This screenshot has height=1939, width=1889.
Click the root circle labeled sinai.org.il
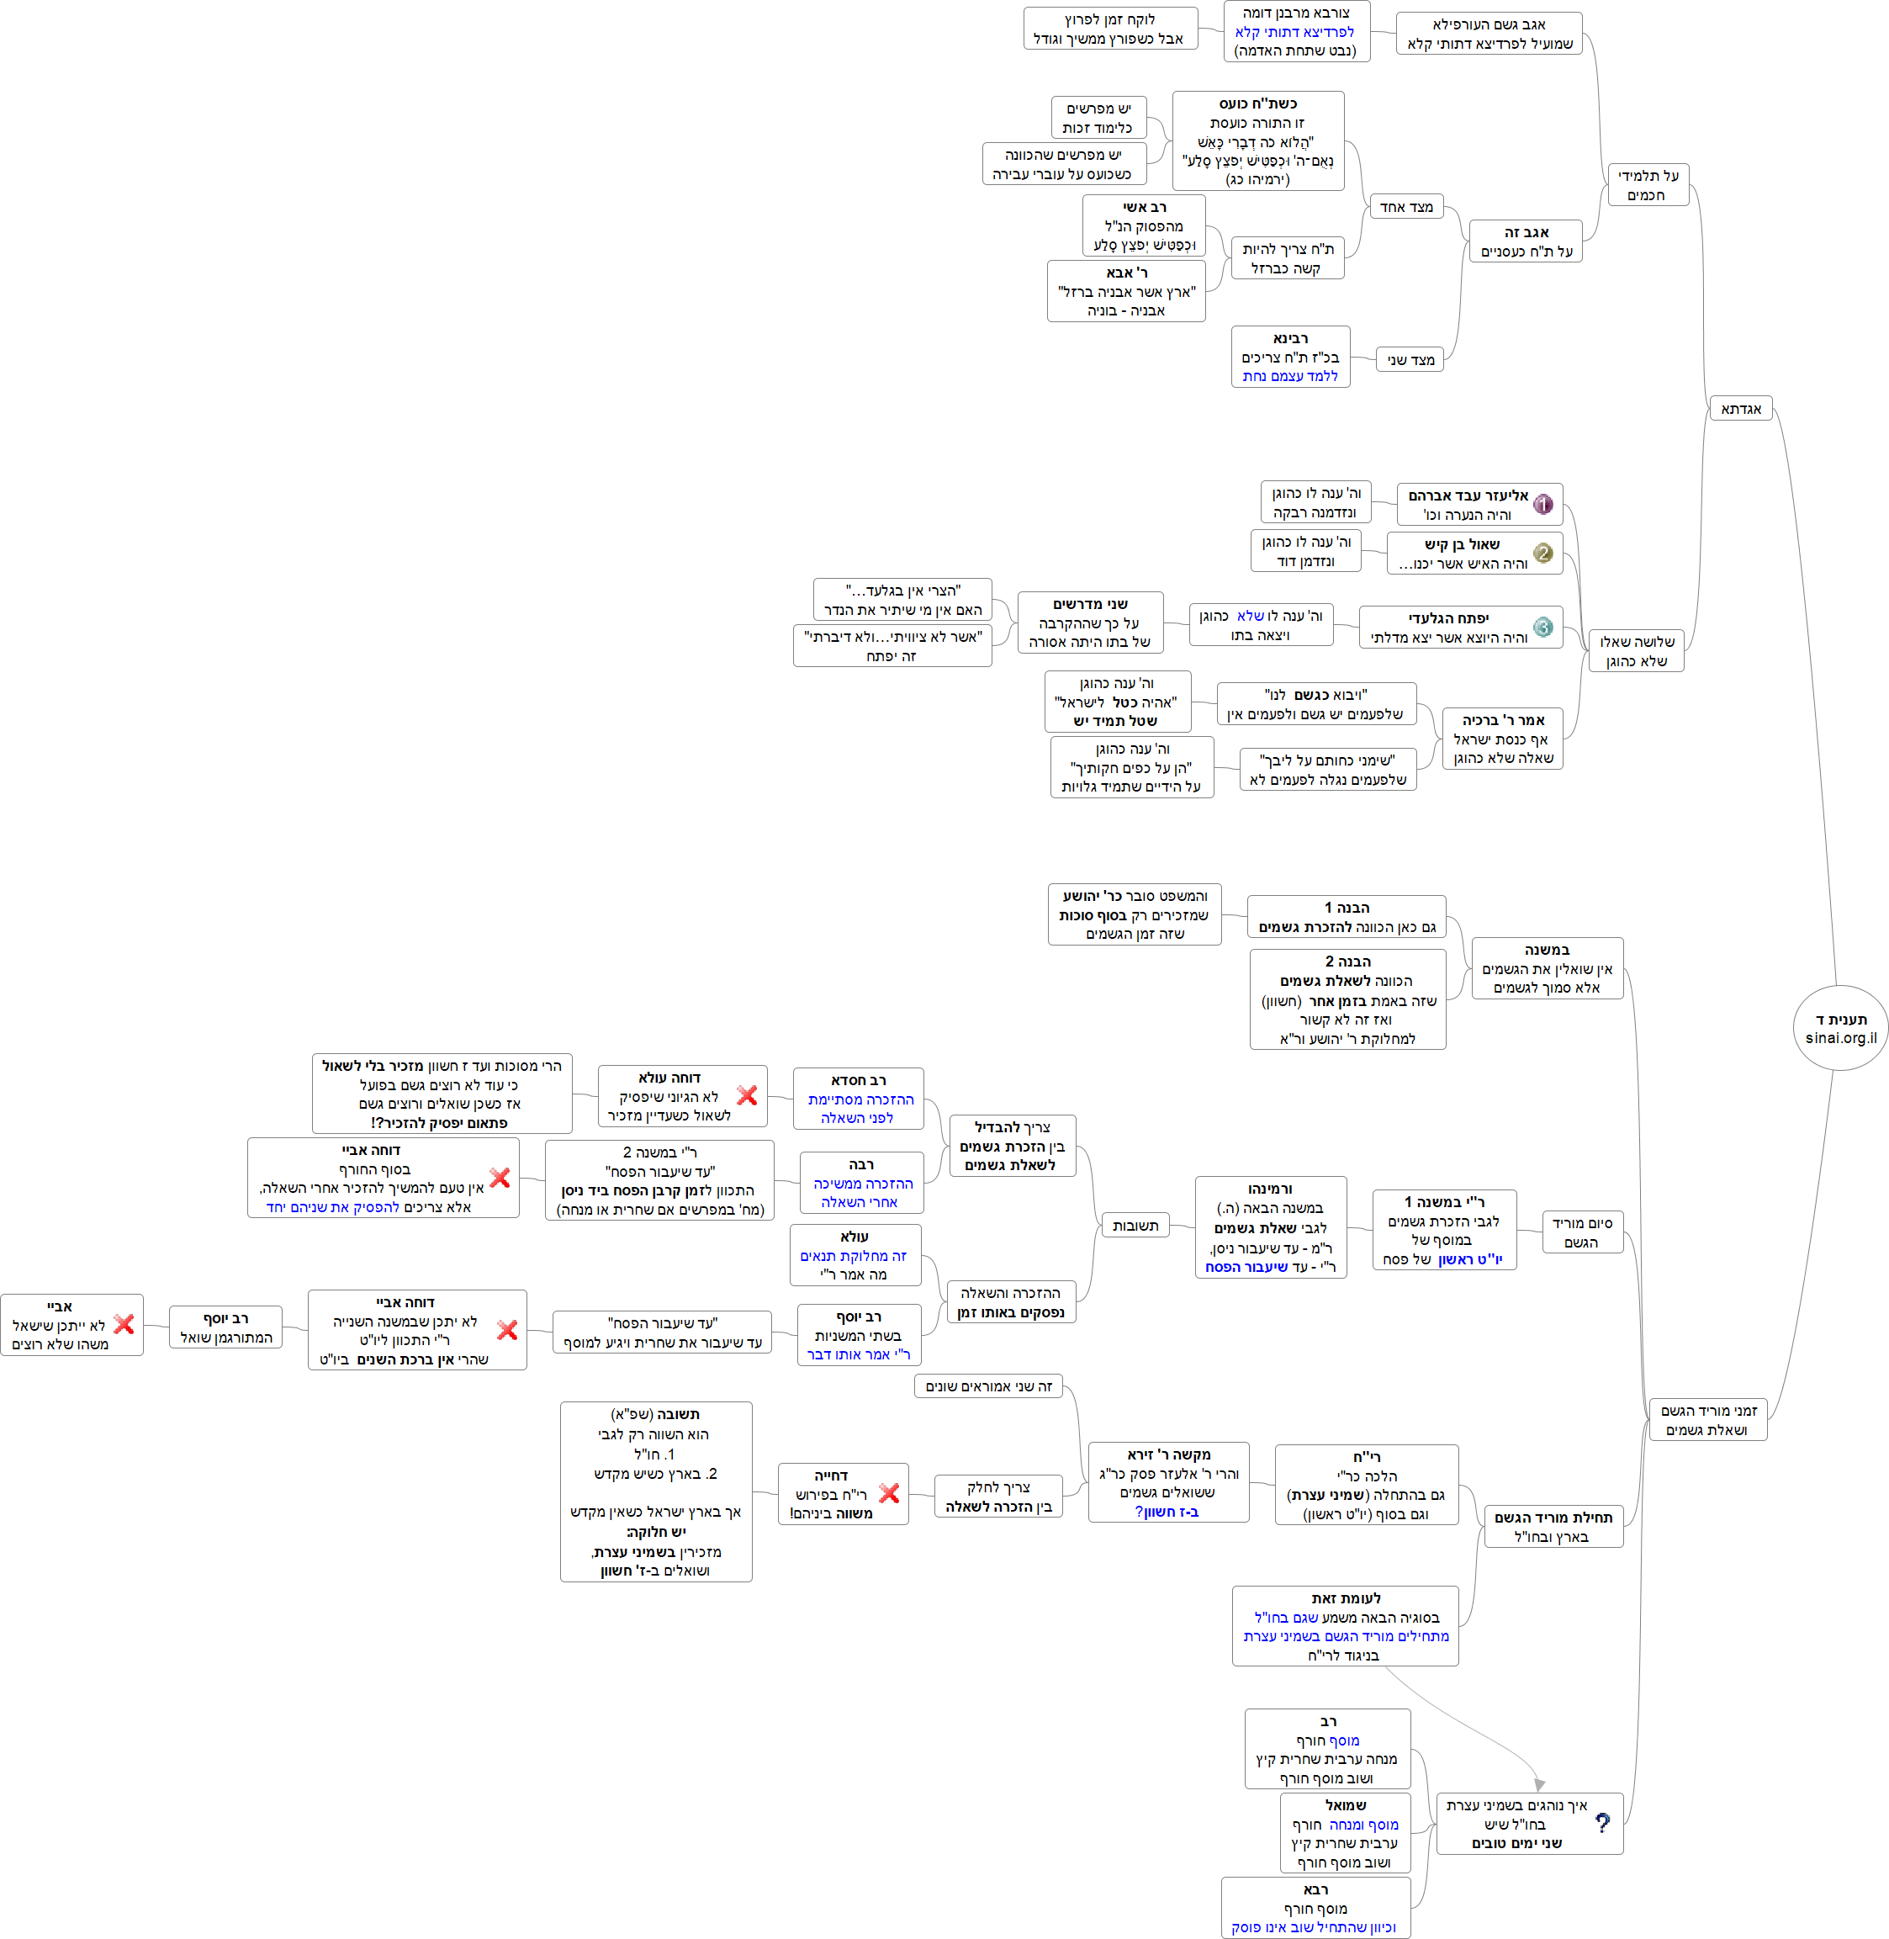pyautogui.click(x=1839, y=1028)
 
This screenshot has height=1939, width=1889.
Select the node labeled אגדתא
pyautogui.click(x=1741, y=409)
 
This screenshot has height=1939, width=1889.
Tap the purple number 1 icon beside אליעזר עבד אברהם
pyautogui.click(x=1542, y=504)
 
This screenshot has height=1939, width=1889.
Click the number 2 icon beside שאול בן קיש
pyautogui.click(x=1542, y=553)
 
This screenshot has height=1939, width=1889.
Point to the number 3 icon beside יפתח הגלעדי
pyautogui.click(x=1542, y=628)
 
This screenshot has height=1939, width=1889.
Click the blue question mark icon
pyautogui.click(x=1602, y=1823)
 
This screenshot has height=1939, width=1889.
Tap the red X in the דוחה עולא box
pyautogui.click(x=747, y=1095)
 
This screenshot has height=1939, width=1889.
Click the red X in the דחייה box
pyautogui.click(x=889, y=1493)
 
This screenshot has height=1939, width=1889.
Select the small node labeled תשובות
pyautogui.click(x=1135, y=1226)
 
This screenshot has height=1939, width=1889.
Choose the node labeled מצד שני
pyautogui.click(x=1410, y=359)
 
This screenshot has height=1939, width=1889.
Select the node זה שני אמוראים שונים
pyautogui.click(x=988, y=1386)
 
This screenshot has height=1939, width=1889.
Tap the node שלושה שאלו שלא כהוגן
pyautogui.click(x=1636, y=651)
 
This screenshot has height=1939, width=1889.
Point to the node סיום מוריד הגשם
pyautogui.click(x=1581, y=1232)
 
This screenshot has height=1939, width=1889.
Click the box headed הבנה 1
pyautogui.click(x=1347, y=917)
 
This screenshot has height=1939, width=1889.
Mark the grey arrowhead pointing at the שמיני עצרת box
pyautogui.click(x=1539, y=1784)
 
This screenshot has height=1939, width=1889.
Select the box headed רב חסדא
pyautogui.click(x=858, y=1099)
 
